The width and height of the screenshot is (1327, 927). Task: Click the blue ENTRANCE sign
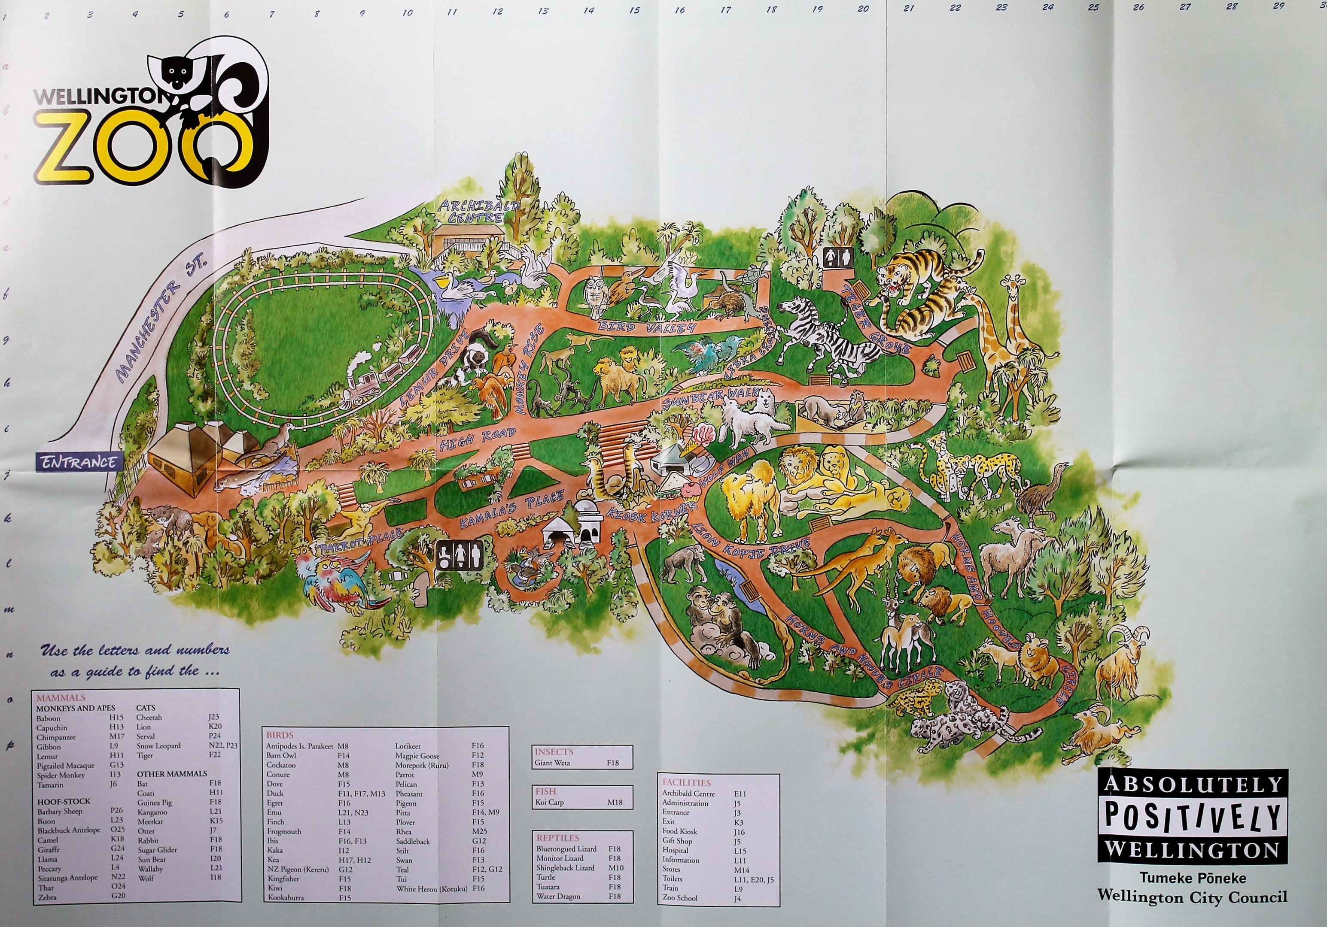pyautogui.click(x=79, y=462)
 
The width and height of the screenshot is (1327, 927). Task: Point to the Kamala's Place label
pyautogui.click(x=511, y=510)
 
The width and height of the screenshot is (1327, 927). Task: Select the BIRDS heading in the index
pyautogui.click(x=280, y=735)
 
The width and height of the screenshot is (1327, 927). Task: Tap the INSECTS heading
pyautogui.click(x=554, y=751)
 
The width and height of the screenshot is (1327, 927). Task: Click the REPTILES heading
pyautogui.click(x=558, y=837)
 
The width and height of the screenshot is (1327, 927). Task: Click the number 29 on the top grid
pyautogui.click(x=1278, y=6)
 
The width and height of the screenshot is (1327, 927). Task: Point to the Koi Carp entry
pyautogui.click(x=550, y=802)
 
